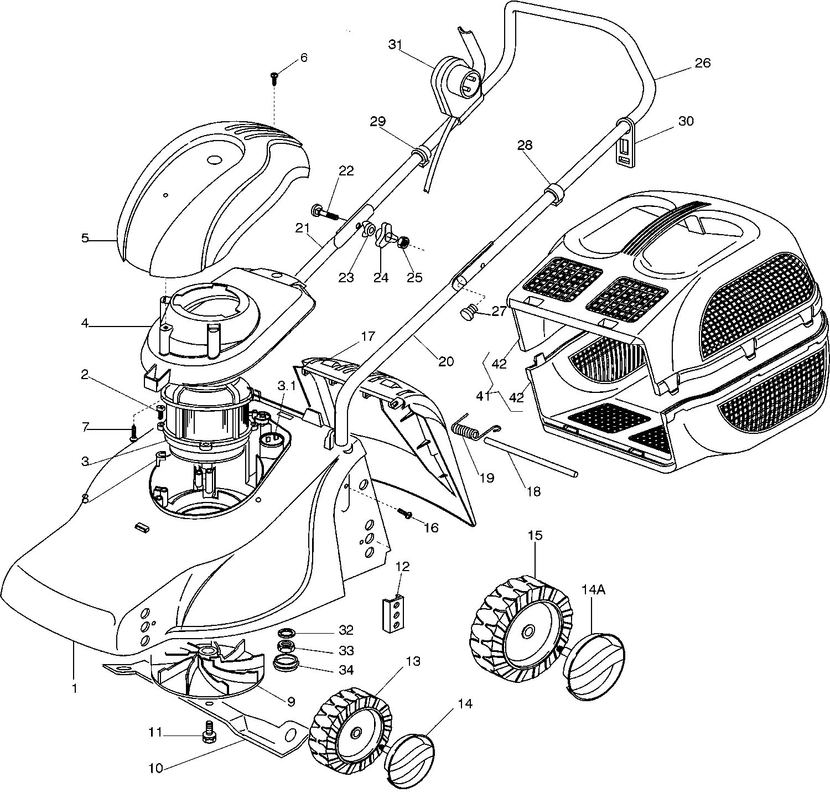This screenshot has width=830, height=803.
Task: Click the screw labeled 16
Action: [404, 515]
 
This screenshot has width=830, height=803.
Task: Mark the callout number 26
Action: [702, 63]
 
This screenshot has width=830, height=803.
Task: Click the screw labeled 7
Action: [134, 433]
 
